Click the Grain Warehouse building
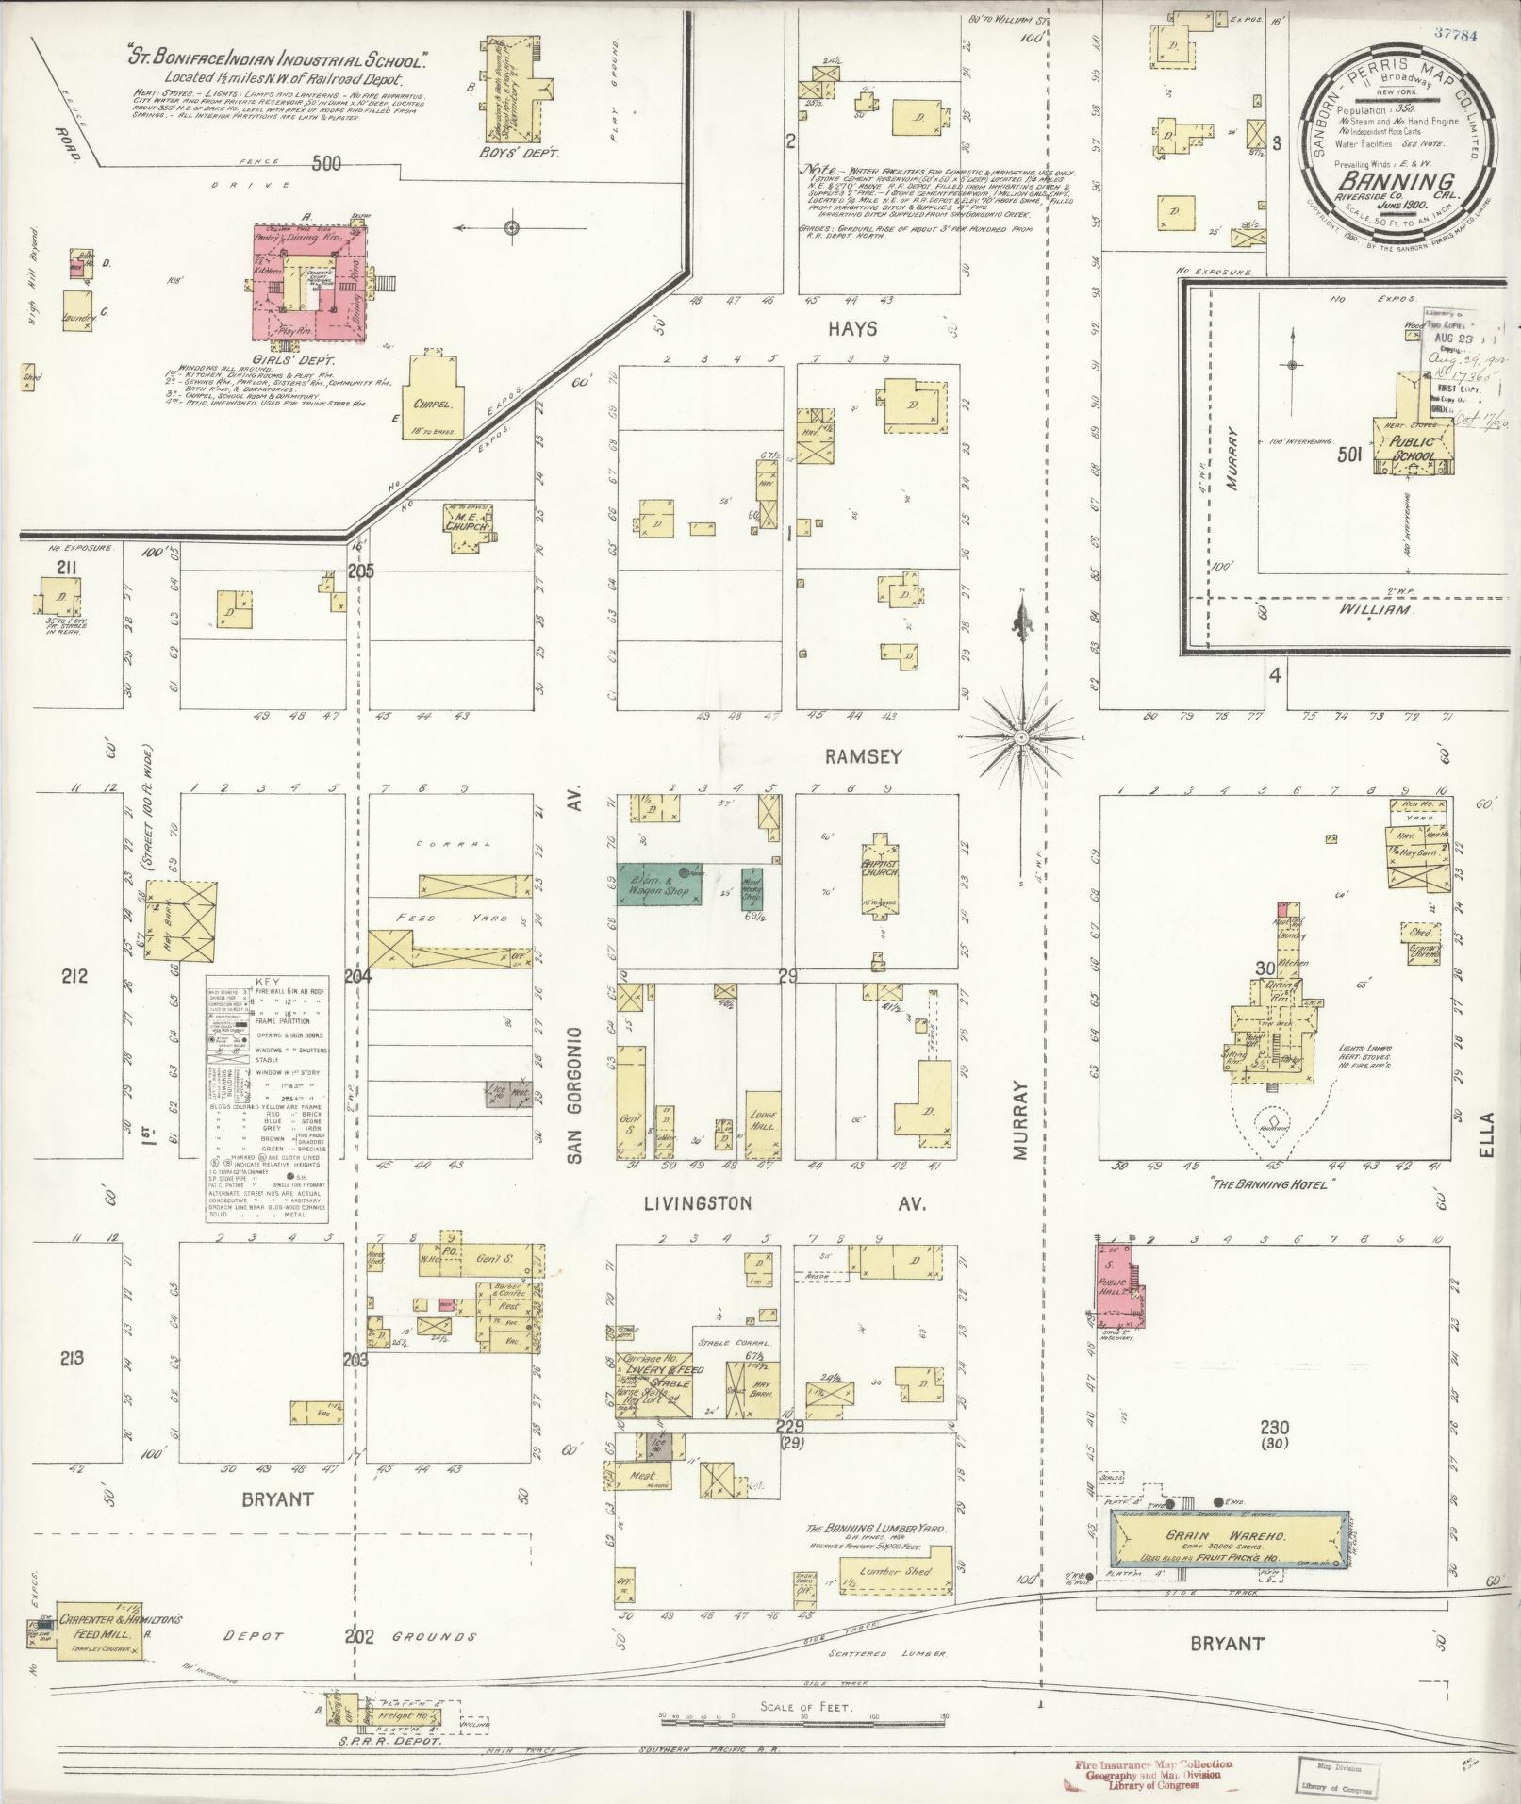coord(1226,1540)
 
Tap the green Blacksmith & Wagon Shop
coord(660,885)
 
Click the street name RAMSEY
coord(864,755)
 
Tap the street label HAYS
coord(852,329)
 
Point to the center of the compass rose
coord(1021,735)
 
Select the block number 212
coord(74,977)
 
